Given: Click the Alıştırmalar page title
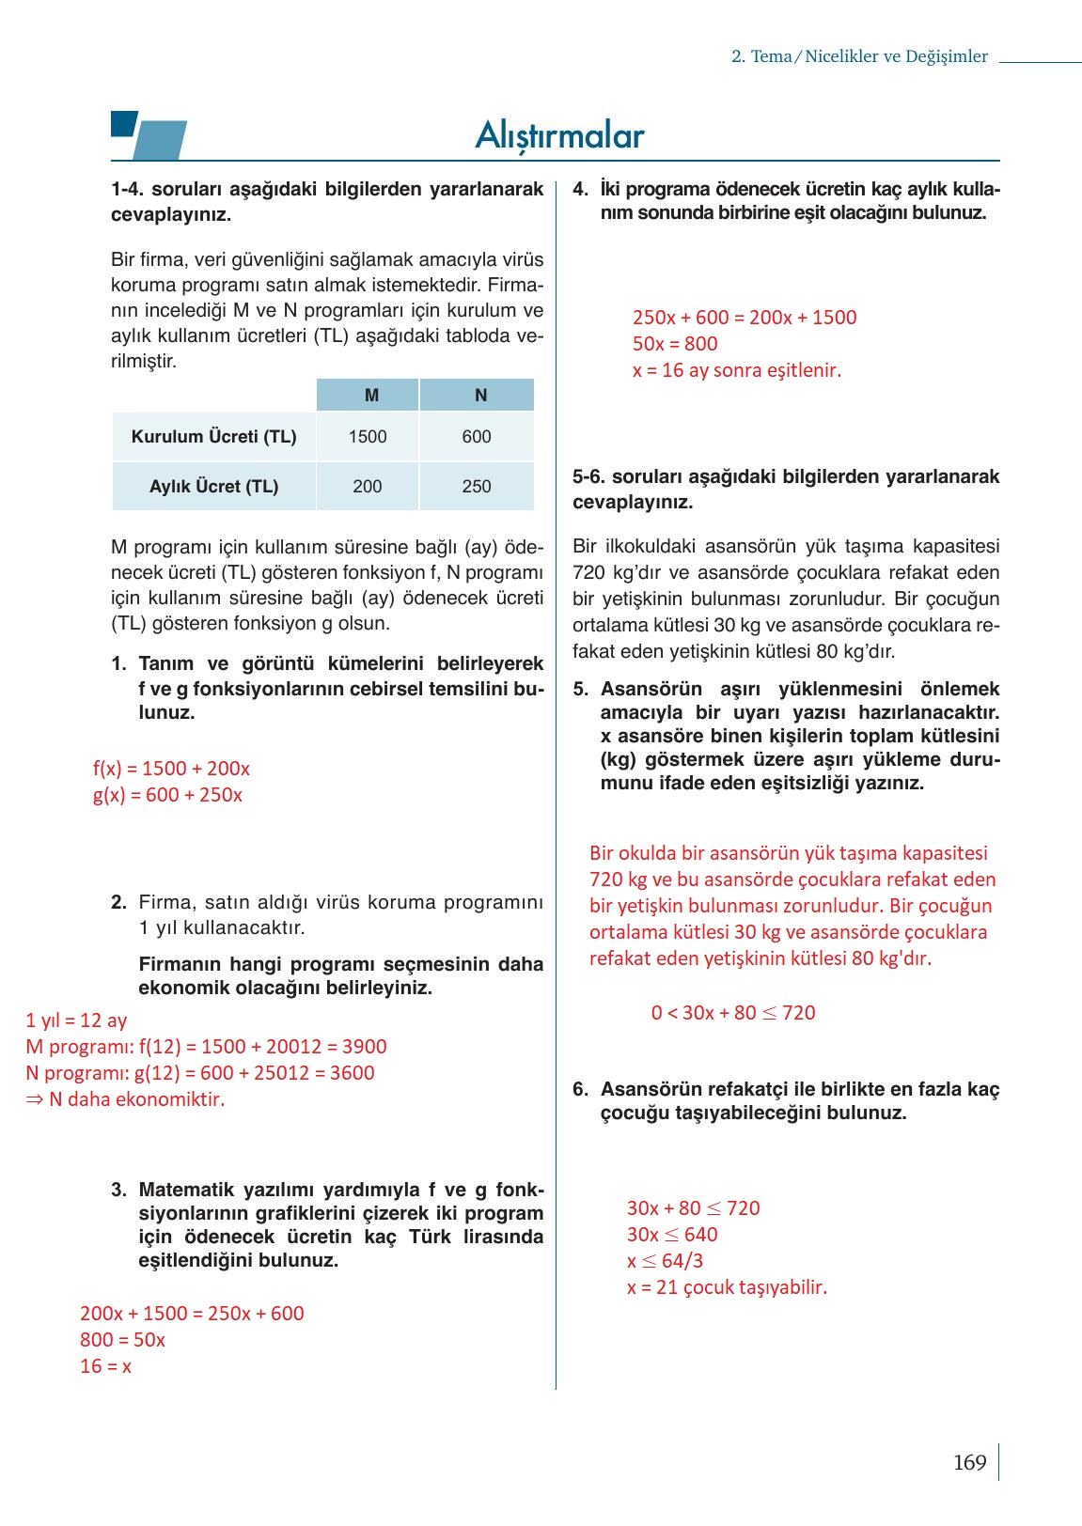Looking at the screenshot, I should click(559, 135).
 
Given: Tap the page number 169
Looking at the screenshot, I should click(969, 1462).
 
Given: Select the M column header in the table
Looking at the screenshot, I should click(371, 396).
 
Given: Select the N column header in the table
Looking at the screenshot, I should click(480, 396).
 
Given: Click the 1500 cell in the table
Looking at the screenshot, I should click(368, 436).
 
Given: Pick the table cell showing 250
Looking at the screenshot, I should click(477, 486).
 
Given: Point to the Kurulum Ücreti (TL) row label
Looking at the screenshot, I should click(213, 436).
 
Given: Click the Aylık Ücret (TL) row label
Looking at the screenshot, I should click(213, 486).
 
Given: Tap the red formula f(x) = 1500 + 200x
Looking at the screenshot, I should click(171, 769).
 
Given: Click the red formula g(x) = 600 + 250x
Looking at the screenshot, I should click(167, 795).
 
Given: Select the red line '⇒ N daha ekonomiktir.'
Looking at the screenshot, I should click(125, 1099).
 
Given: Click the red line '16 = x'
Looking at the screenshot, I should click(105, 1366).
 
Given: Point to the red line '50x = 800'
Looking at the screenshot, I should click(675, 344).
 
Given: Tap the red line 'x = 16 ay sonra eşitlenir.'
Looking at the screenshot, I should click(737, 370).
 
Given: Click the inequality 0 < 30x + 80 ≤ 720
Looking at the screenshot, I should click(733, 1013).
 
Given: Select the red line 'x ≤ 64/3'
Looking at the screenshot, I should click(665, 1261).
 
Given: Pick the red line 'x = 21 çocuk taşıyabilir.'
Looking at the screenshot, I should click(727, 1287).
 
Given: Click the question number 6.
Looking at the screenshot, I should click(580, 1089).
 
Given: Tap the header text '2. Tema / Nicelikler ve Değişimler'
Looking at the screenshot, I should click(859, 56).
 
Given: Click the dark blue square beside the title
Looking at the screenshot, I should click(123, 123).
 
